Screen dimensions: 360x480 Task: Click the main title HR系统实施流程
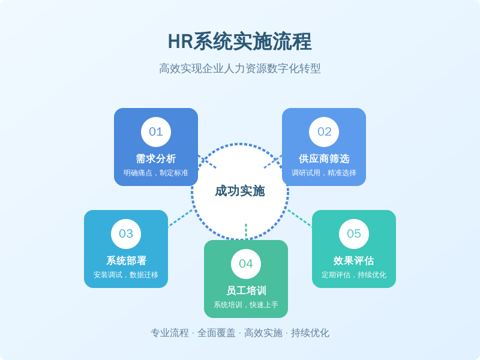[x=240, y=41]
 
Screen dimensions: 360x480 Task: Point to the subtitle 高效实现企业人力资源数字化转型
[x=240, y=68]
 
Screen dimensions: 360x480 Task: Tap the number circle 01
[x=156, y=132]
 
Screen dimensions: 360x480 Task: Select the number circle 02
[x=324, y=132]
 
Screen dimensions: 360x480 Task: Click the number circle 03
[x=126, y=234]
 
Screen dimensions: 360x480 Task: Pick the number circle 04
[x=246, y=264]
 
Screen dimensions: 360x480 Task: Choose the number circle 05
[x=354, y=234]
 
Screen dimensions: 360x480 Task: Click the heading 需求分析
[x=156, y=159]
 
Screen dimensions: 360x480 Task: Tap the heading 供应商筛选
[x=324, y=159]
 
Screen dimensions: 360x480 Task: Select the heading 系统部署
[x=126, y=261]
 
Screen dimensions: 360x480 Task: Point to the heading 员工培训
[x=246, y=291]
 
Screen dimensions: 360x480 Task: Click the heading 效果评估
[x=354, y=261]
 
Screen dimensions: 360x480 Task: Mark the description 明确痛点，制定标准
[x=156, y=173]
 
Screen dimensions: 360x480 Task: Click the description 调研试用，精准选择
[x=324, y=173]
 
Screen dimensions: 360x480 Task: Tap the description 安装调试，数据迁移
[x=126, y=275]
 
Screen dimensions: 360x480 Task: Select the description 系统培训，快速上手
[x=246, y=305]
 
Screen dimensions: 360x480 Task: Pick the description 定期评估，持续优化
[x=354, y=275]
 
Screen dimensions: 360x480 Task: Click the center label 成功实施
[x=240, y=191]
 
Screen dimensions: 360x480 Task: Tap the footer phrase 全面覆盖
[x=217, y=333]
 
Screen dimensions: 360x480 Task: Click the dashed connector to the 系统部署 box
[x=180, y=218]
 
